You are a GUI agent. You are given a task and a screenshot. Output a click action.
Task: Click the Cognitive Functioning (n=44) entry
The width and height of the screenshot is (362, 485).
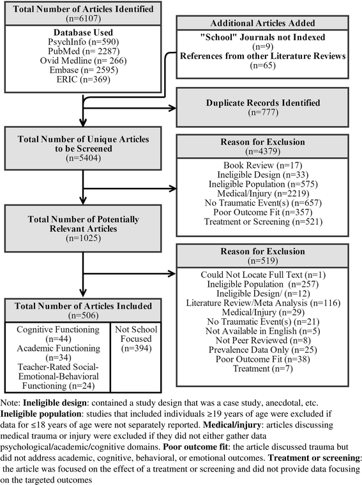(58, 336)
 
